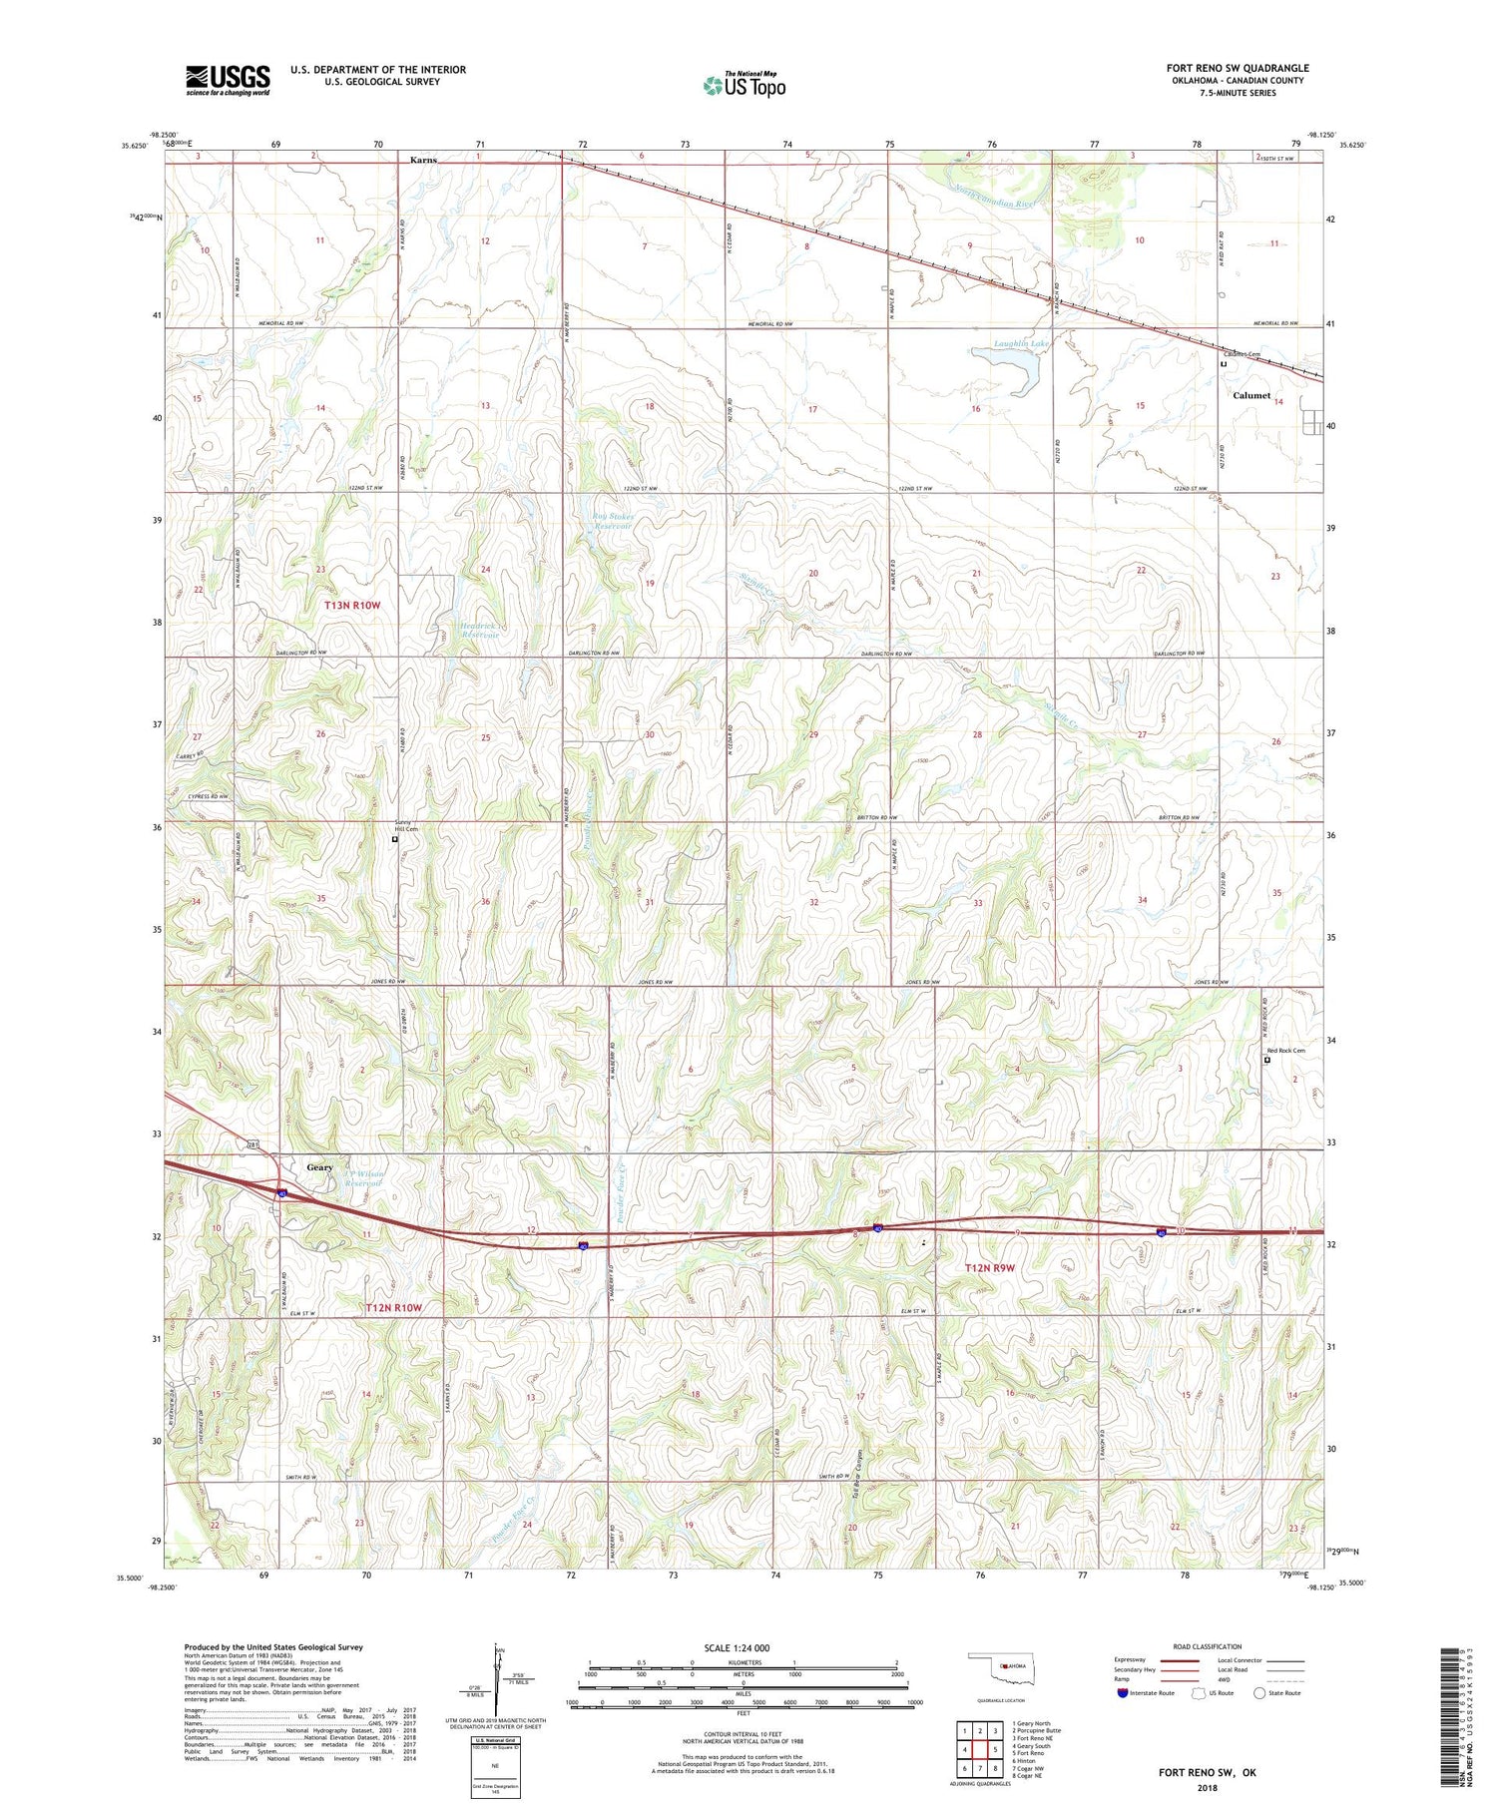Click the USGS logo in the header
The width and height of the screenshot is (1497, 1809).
(x=228, y=80)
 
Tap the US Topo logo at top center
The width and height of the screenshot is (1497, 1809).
(x=744, y=86)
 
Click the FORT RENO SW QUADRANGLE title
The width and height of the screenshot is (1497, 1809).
(x=1237, y=68)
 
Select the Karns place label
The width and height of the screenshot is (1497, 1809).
(x=423, y=160)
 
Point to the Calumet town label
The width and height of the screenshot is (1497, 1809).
(x=1251, y=396)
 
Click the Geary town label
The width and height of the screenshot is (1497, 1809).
(x=319, y=1167)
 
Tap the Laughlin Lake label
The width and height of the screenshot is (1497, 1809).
(x=1021, y=344)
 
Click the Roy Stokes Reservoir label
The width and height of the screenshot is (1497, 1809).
(x=614, y=521)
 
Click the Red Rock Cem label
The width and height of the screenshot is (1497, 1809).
(x=1285, y=1051)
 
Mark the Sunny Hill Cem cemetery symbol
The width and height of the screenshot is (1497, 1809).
(x=394, y=840)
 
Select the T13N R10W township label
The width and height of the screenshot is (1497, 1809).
(x=352, y=606)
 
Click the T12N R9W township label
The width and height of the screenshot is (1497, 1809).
(x=989, y=1268)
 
